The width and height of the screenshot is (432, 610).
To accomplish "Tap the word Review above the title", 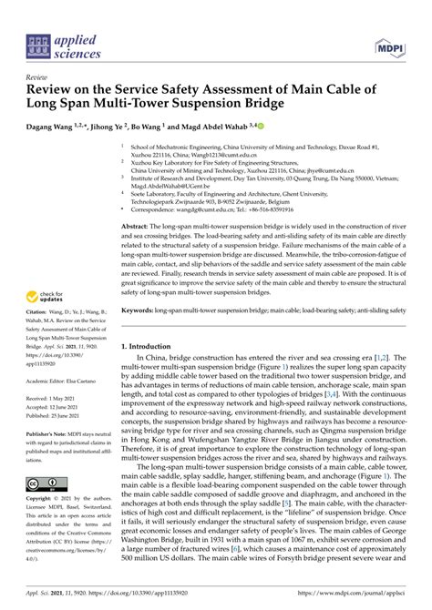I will tap(38, 77).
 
